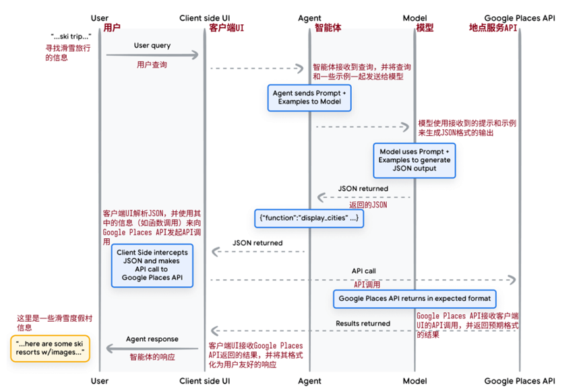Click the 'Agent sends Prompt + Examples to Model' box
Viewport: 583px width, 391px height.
point(309,98)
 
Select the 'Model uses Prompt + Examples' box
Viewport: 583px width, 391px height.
point(415,160)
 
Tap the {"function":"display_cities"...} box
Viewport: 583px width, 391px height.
point(309,218)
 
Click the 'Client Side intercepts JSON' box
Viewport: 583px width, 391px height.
point(152,266)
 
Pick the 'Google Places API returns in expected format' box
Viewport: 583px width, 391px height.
point(415,299)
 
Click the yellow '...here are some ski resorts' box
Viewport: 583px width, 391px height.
point(50,349)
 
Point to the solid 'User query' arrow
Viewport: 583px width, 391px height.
point(152,55)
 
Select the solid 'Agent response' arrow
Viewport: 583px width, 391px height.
point(152,349)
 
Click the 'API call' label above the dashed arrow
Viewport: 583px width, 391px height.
point(364,271)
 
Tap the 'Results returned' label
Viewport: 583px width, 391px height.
point(363,324)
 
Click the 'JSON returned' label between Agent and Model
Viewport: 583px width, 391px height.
point(363,188)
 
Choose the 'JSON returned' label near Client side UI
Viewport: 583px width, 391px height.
point(257,243)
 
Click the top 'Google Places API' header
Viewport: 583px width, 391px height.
point(520,17)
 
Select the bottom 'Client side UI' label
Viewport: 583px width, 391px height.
point(204,381)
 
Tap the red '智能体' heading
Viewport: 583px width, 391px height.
point(328,28)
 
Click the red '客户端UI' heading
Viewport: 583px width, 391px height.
point(226,28)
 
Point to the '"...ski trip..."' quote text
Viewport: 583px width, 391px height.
point(71,36)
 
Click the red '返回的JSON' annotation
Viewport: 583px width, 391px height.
point(368,205)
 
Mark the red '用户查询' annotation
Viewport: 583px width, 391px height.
point(152,65)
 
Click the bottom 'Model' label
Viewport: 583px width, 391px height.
point(415,381)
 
